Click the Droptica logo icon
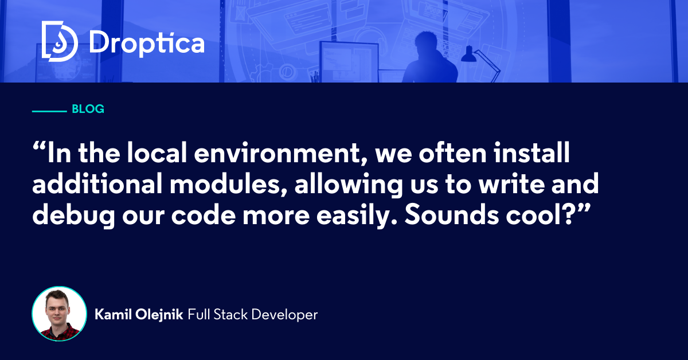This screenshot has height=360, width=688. pyautogui.click(x=60, y=41)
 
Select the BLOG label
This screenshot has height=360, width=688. pyautogui.click(x=88, y=109)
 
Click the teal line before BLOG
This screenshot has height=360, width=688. pyautogui.click(x=49, y=109)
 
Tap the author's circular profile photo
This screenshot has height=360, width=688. pyautogui.click(x=59, y=314)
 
